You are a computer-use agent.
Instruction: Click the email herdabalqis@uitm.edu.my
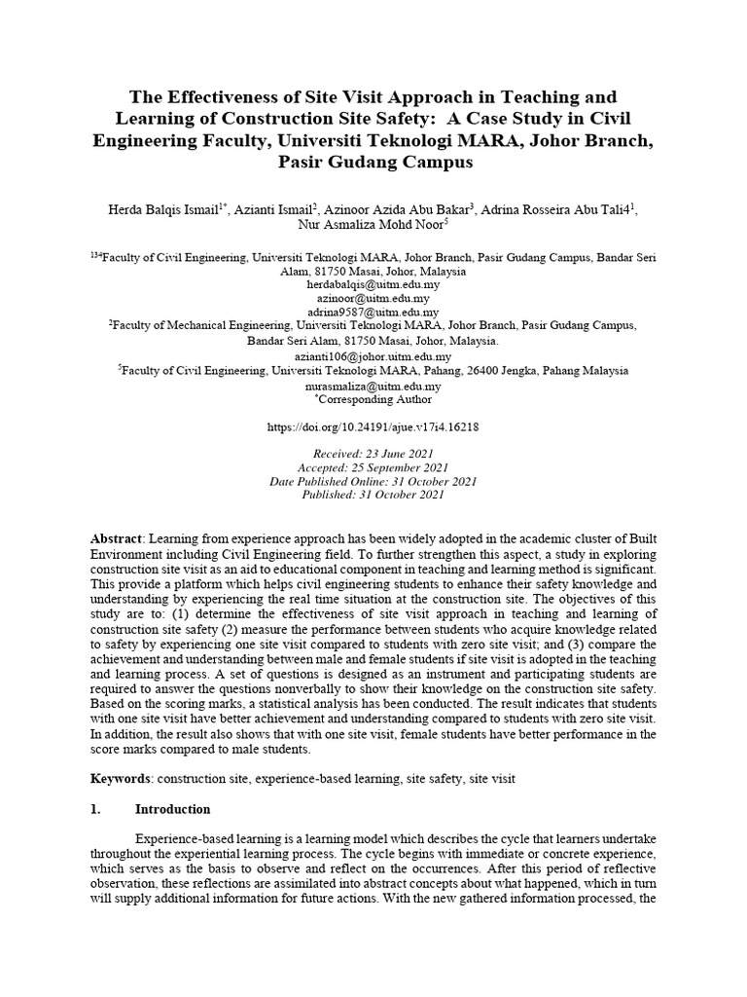pos(373,284)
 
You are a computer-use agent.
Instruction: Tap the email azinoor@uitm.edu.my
pos(373,298)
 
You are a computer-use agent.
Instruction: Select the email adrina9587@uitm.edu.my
pos(373,312)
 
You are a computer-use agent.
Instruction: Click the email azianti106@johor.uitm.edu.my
pos(373,357)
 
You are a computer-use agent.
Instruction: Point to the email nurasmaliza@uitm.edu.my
pos(373,386)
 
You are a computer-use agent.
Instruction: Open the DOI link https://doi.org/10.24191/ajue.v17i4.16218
pos(373,426)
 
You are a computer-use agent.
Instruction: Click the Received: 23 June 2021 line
pos(373,454)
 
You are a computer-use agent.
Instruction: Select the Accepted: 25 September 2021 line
pos(373,467)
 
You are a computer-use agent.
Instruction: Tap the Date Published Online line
pos(373,481)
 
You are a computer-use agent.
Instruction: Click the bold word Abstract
pos(116,538)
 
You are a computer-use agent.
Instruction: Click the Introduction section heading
pos(172,809)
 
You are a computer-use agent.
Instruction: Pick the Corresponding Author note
pos(373,399)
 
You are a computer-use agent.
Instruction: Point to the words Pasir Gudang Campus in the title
pos(373,162)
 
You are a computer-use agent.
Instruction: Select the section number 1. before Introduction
pos(95,809)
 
